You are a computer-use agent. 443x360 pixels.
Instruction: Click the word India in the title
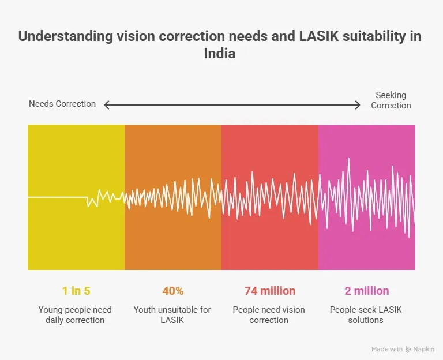click(x=220, y=53)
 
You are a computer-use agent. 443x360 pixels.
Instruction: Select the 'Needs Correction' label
click(x=62, y=104)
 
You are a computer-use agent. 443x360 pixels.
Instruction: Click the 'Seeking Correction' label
click(x=391, y=100)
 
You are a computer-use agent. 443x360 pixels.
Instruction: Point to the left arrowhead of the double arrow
click(x=107, y=104)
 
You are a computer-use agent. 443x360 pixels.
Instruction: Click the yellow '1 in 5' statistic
click(x=76, y=291)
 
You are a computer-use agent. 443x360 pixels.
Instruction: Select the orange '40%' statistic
click(x=172, y=291)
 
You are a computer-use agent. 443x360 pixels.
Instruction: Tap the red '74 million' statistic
click(x=269, y=291)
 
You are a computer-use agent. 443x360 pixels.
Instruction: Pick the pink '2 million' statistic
click(x=366, y=291)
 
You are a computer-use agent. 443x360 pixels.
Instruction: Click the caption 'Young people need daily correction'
click(x=76, y=315)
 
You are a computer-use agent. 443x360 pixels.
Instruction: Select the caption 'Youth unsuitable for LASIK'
click(x=172, y=315)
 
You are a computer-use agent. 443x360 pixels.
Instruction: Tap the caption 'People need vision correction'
click(x=269, y=315)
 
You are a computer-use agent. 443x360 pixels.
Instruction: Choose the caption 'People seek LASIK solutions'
click(x=366, y=315)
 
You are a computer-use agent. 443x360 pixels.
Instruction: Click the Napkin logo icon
click(x=408, y=350)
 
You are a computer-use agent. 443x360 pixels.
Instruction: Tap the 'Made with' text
click(x=387, y=350)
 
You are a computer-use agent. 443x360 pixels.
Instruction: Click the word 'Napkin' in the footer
click(x=424, y=350)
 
